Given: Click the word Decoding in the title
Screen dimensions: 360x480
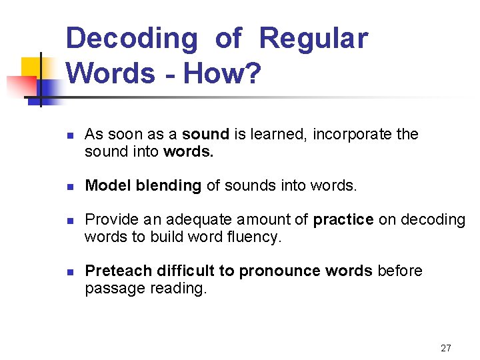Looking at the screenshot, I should click(x=132, y=39).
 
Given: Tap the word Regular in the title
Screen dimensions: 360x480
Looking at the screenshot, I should click(x=313, y=39).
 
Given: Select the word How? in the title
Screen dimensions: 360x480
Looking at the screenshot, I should click(x=222, y=73).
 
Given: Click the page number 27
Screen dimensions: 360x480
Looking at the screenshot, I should click(x=446, y=348).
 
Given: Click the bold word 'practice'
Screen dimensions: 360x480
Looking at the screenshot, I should click(x=343, y=220).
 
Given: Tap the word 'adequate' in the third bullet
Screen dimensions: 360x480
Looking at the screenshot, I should click(x=195, y=220).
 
